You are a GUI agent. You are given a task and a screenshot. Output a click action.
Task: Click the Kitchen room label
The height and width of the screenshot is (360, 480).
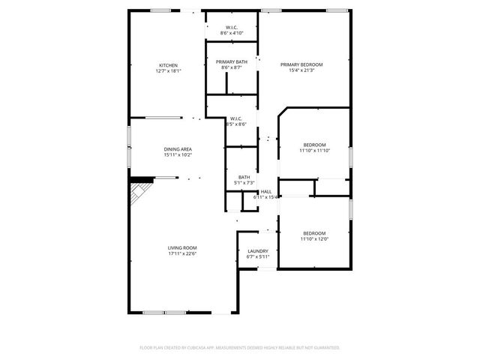(x=168, y=65)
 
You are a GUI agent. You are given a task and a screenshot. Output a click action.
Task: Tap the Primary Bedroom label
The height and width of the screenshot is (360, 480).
(x=307, y=65)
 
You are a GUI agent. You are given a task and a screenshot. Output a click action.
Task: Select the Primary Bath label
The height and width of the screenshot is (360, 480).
(x=232, y=61)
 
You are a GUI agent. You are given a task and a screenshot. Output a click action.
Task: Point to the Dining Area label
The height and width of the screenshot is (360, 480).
(x=178, y=149)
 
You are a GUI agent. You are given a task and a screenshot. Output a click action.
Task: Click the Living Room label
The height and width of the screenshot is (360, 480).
(x=181, y=247)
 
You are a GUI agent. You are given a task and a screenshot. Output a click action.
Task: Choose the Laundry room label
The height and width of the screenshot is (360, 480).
(x=258, y=251)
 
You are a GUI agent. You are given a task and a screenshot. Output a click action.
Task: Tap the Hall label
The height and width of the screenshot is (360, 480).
(x=266, y=192)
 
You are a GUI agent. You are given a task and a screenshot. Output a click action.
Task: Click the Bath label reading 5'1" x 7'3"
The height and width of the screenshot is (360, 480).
(x=244, y=177)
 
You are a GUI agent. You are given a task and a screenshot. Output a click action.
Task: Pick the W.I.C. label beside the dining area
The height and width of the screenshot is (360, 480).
(x=235, y=118)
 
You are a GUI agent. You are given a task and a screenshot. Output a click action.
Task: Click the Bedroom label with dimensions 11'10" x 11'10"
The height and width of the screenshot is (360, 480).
(x=314, y=145)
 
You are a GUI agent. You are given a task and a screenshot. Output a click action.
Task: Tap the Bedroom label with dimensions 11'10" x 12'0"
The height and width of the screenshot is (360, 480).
(x=314, y=232)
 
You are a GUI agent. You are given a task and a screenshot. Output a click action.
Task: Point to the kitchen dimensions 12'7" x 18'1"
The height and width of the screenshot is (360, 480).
(x=168, y=71)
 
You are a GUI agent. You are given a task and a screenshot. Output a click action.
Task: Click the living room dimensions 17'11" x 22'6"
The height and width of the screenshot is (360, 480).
(x=181, y=253)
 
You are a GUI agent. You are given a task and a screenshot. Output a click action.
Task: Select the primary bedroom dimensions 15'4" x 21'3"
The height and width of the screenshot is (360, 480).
(x=307, y=71)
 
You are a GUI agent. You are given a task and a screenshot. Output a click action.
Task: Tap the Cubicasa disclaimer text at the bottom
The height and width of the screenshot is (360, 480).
(x=240, y=348)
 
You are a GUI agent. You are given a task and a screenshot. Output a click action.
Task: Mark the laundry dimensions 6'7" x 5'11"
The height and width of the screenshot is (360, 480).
(x=258, y=257)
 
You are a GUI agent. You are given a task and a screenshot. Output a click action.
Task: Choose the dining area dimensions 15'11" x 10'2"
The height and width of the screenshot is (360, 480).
(x=178, y=155)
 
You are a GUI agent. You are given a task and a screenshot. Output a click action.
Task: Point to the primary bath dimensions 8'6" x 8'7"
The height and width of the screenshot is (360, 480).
(x=232, y=67)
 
